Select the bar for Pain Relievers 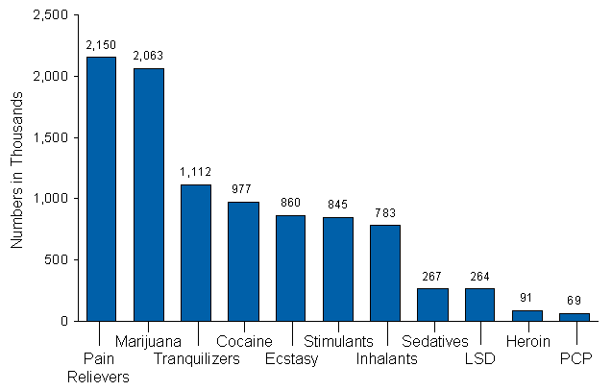(101, 188)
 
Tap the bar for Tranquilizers (195, 252)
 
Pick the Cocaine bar (243, 260)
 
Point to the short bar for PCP (575, 316)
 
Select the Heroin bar (526, 315)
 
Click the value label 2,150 (101, 45)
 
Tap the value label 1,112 (195, 172)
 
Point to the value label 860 (290, 203)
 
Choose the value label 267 (432, 276)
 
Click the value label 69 (575, 301)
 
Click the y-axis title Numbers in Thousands (16, 167)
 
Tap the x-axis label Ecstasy (291, 359)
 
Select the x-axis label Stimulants (338, 341)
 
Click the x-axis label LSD (480, 359)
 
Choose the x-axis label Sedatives (434, 341)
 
